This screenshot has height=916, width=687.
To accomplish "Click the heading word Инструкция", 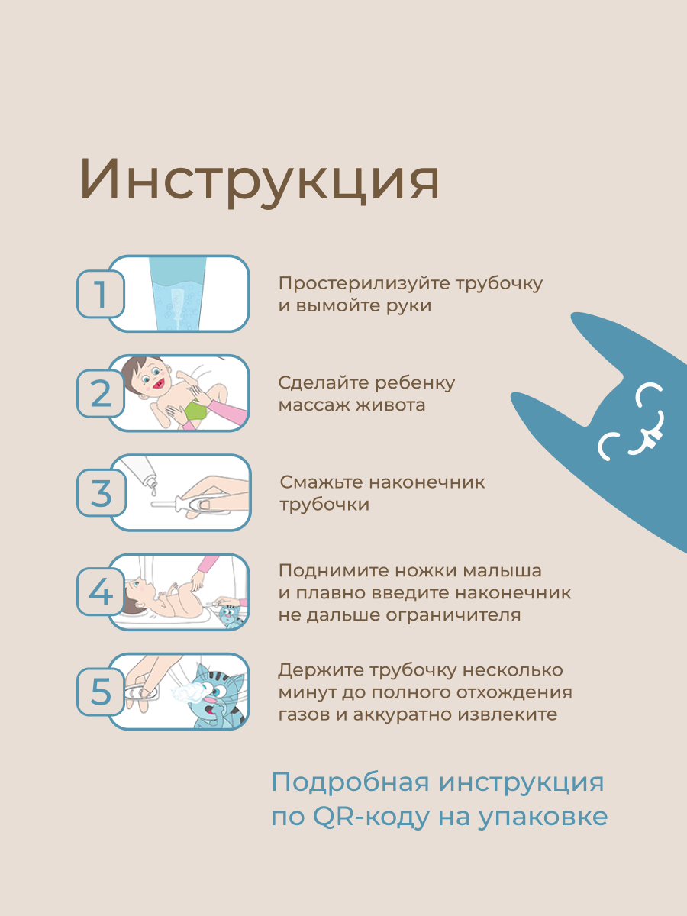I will pos(260,181).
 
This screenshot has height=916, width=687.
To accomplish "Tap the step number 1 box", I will pos(100,295).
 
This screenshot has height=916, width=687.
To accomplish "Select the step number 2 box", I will pos(100,394).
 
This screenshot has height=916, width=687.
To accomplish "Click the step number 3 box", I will pos(100,493).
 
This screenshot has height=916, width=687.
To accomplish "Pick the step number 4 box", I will pos(100,592).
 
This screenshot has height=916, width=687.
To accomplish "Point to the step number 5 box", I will pos(100,692).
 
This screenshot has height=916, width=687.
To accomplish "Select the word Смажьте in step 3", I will pos(321,482).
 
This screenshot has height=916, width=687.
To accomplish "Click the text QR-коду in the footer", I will pos(359,817).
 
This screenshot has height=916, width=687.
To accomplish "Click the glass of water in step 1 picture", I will pos(178,294).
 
